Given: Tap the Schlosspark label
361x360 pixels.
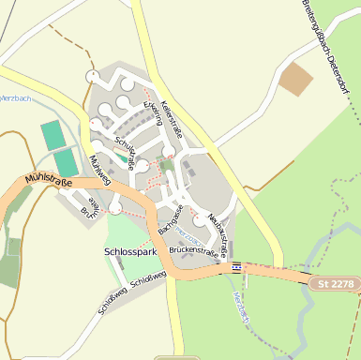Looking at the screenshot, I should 130,252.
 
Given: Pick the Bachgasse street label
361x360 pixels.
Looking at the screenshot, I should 170,218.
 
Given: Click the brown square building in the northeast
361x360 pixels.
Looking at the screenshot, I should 297,79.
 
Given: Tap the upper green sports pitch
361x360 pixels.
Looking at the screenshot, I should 53,134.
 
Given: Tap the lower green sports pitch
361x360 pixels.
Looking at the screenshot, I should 65,162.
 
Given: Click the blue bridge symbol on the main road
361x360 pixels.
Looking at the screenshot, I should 236,268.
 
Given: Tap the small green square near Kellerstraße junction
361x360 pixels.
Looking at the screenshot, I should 166,165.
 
